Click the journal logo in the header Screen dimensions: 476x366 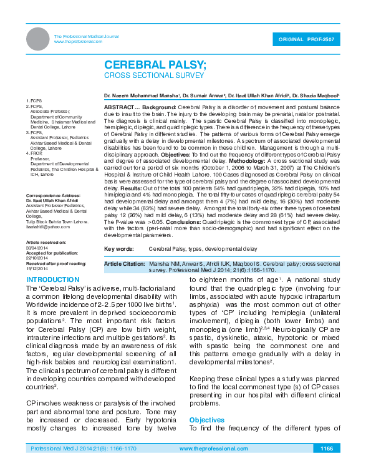[x=39, y=39]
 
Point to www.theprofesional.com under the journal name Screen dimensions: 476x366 [x=78, y=41]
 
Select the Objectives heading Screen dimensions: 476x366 [x=206, y=420]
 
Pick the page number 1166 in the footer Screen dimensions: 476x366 [x=344, y=449]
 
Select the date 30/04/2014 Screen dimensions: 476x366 [x=37, y=246]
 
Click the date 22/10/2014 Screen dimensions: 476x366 [x=37, y=255]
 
